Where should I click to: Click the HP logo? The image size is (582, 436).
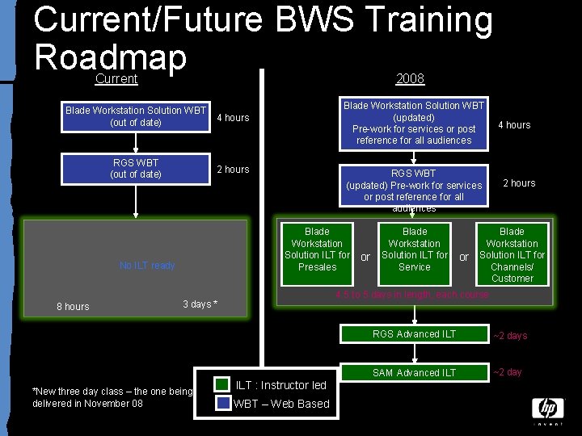[547, 409]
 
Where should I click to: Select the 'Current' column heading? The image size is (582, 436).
[116, 79]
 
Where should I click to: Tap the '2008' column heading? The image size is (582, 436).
[410, 79]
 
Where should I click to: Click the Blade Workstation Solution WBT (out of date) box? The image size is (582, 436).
[136, 116]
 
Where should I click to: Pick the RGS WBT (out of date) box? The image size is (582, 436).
[136, 169]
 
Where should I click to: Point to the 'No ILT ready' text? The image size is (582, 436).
[147, 266]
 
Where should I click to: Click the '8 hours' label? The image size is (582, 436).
[73, 307]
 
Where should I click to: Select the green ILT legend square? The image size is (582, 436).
[222, 385]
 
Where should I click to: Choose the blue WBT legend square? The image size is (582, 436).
[222, 404]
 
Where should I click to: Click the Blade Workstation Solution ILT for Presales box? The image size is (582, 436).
[317, 249]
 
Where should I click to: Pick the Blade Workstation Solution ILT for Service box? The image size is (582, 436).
[415, 249]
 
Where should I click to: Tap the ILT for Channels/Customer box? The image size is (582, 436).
[512, 254]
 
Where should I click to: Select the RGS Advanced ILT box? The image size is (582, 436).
[415, 334]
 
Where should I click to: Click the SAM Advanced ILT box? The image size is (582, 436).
[415, 372]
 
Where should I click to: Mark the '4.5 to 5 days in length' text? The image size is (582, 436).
[411, 295]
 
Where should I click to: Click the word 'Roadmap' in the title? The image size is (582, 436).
[111, 57]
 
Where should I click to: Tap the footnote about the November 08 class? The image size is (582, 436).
[112, 397]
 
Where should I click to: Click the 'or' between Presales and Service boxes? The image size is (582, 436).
[365, 258]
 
